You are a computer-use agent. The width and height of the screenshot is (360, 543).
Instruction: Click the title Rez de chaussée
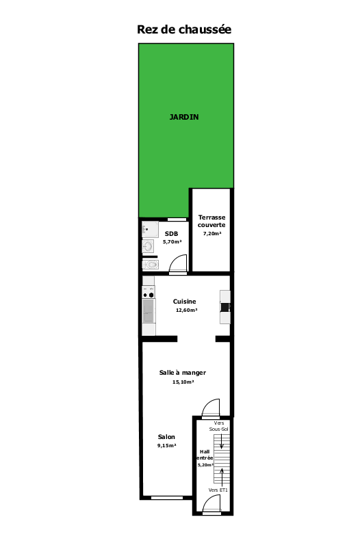184,29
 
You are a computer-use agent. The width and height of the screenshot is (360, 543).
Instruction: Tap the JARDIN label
184,117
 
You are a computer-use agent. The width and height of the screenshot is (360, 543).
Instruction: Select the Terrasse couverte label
211,221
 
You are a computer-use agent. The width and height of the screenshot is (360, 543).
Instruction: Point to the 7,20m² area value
212,233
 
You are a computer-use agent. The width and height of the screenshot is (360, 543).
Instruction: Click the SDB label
172,234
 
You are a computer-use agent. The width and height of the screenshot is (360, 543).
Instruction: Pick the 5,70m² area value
172,241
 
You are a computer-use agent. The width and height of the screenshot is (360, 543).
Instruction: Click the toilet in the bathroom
151,265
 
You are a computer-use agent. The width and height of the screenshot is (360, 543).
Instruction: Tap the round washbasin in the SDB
149,246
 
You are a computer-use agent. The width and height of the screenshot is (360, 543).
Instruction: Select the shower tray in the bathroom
150,229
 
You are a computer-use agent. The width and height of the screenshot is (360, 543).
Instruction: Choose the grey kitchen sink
149,311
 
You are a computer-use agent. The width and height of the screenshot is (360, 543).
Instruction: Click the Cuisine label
184,302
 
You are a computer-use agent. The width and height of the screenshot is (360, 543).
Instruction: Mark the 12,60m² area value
186,310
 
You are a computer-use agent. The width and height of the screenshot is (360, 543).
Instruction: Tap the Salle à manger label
183,373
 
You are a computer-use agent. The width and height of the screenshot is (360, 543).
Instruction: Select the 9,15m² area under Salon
167,446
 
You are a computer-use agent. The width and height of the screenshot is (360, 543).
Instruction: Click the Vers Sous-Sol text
218,426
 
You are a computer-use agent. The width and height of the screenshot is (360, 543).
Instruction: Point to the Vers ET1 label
218,490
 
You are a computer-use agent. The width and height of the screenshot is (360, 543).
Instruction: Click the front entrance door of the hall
211,504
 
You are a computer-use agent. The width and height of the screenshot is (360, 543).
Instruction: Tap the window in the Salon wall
167,498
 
